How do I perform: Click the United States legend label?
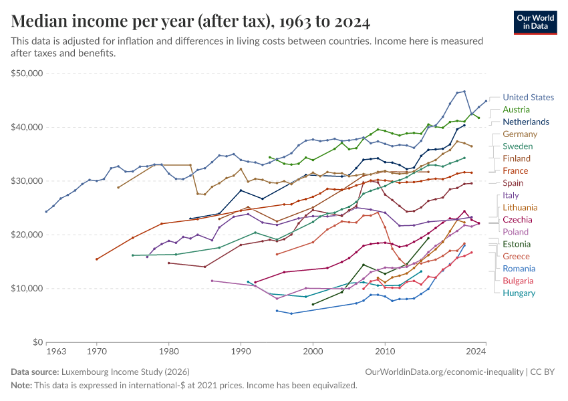point(528,97)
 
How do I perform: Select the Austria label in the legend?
point(516,110)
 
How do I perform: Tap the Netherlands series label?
point(526,122)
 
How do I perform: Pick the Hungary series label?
point(519,293)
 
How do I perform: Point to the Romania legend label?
point(519,269)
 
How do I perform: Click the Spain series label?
point(513,183)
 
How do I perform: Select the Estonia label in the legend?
point(517,244)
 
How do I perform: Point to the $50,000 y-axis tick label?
point(27,73)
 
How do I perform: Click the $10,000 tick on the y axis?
point(27,288)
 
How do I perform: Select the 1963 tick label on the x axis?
point(56,352)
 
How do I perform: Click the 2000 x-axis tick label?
point(313,352)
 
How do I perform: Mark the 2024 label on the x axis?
point(476,352)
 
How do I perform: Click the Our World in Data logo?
point(535,23)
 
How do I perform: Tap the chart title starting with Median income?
point(190,21)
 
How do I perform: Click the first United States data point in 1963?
point(46,212)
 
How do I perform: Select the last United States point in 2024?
point(486,101)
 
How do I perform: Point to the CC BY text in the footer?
point(543,372)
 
